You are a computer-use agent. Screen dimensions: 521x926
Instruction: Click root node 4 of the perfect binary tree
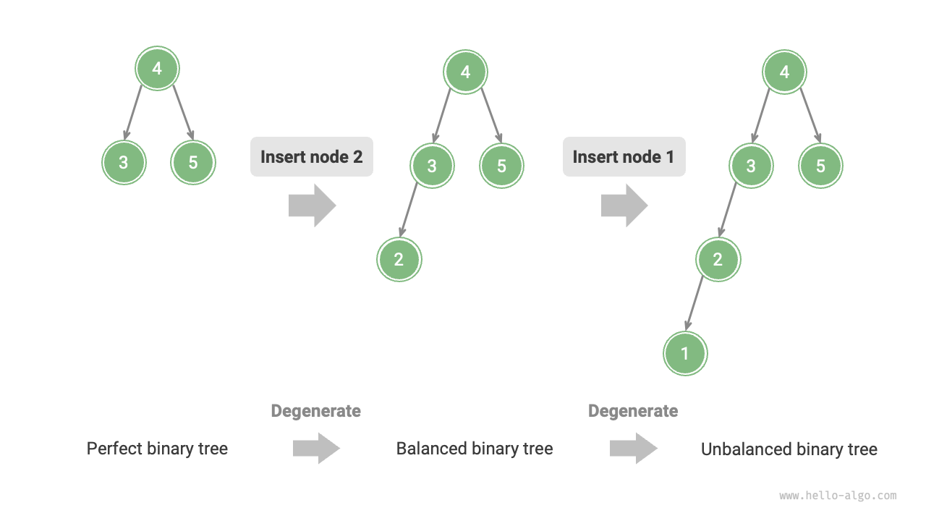tap(157, 69)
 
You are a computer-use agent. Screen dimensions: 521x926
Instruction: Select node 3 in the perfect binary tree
tap(124, 163)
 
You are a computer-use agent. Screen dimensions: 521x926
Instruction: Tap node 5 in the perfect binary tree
tap(193, 163)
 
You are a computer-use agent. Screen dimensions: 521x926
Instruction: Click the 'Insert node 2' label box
tap(312, 157)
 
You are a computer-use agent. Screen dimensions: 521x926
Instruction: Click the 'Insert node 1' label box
tap(624, 157)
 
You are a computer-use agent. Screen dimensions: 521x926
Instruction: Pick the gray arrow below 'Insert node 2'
tap(312, 206)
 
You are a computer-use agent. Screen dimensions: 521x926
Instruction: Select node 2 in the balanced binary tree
tap(399, 260)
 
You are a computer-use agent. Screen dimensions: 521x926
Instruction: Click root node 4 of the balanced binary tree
tap(466, 72)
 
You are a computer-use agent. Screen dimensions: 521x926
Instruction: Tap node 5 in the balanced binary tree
tap(501, 166)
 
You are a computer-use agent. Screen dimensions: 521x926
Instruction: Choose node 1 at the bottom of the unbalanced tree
tap(685, 354)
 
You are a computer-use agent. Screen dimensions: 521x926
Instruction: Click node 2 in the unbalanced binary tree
tap(718, 260)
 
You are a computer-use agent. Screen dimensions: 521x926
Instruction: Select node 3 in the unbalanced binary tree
tap(751, 166)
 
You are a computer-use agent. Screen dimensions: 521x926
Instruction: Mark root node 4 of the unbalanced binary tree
tap(785, 72)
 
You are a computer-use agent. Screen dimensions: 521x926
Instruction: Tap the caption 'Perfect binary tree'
tap(157, 449)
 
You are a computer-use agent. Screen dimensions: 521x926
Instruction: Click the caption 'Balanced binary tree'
tap(475, 449)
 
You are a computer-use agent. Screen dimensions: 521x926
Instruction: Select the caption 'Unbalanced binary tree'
tap(789, 449)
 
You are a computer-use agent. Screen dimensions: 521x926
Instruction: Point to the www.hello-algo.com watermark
tap(838, 496)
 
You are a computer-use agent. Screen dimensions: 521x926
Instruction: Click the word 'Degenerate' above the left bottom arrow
tap(315, 411)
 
